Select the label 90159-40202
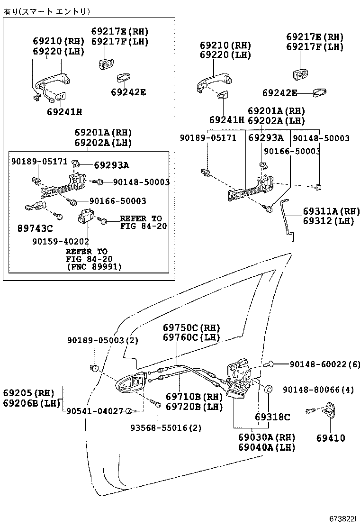[x=61, y=241]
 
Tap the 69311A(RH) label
[x=331, y=211]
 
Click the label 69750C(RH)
[x=191, y=327]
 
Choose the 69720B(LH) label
[x=194, y=406]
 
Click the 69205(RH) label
[x=28, y=393]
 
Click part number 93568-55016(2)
[x=166, y=427]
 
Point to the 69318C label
[x=272, y=417]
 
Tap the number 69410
[x=331, y=438]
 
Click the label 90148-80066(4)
[x=318, y=390]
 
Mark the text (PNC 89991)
[x=93, y=267]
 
